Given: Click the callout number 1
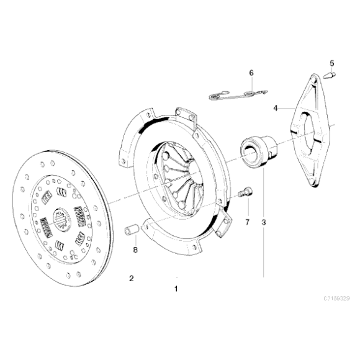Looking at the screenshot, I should point(176,289).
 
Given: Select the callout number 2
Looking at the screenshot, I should point(131,277).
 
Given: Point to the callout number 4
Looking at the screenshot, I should point(275,107).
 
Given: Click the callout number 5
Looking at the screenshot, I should point(331,63).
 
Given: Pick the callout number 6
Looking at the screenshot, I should point(251,73).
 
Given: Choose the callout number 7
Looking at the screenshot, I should point(246,221).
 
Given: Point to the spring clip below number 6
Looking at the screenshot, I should point(236,95).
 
